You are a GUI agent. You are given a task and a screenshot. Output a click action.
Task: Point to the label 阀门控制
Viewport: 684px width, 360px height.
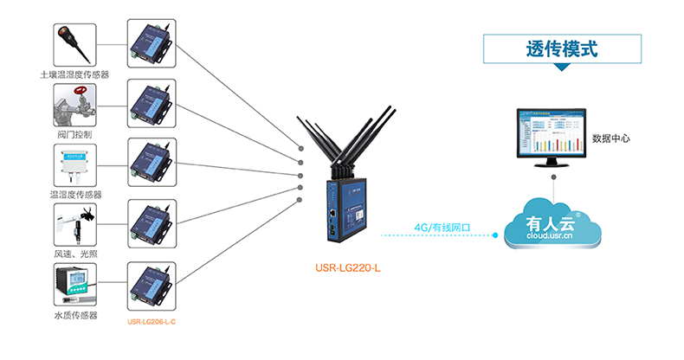pyautogui.click(x=74, y=136)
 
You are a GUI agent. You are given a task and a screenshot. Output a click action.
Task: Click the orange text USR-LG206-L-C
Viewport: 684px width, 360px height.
pyautogui.click(x=152, y=322)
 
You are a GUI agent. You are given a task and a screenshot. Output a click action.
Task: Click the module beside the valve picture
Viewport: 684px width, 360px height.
pyautogui.click(x=150, y=104)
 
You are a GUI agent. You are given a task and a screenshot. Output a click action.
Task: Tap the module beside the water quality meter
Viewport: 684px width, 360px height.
pyautogui.click(x=150, y=285)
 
